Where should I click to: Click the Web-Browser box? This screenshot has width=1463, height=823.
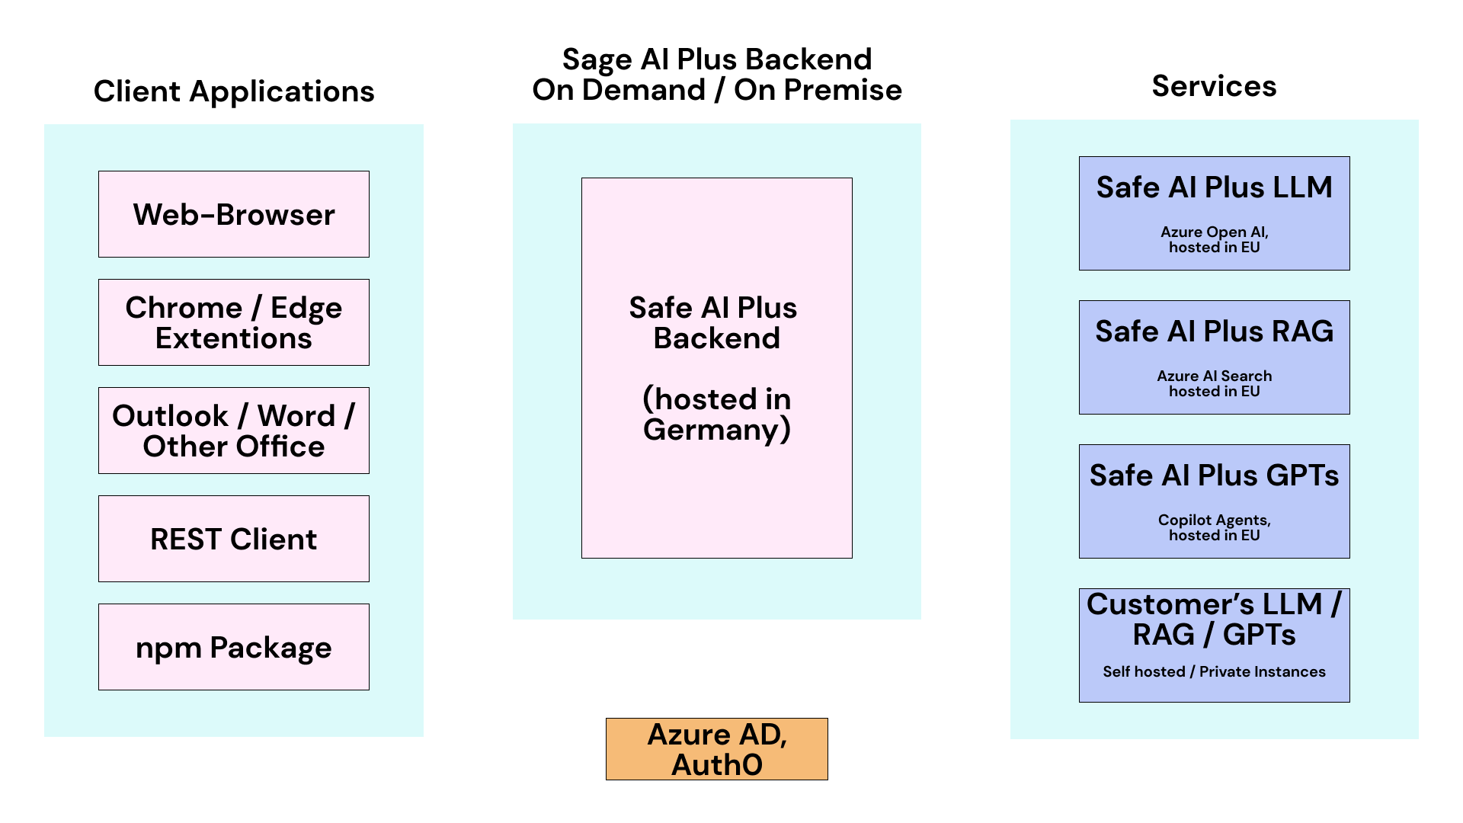[233, 214]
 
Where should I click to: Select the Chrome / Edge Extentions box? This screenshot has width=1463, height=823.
[233, 322]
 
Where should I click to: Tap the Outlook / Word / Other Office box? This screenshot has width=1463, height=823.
[233, 431]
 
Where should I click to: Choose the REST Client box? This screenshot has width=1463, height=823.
[233, 539]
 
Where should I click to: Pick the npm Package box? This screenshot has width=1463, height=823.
[233, 647]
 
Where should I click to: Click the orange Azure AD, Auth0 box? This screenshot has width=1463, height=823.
[716, 749]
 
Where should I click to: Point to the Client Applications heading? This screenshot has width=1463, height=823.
[233, 91]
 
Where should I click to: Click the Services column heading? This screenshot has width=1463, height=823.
[1214, 86]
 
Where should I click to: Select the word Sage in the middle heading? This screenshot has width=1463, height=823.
[597, 60]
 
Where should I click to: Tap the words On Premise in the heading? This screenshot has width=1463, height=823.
[818, 90]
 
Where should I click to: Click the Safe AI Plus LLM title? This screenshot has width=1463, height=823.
[1214, 187]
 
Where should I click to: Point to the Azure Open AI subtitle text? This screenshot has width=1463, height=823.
[1214, 232]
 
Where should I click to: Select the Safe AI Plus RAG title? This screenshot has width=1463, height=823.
[1214, 331]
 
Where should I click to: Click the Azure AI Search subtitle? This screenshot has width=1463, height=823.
[1214, 376]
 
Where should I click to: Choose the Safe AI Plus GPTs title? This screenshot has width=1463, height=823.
[1214, 476]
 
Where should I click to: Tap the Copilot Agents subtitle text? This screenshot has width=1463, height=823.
[1214, 520]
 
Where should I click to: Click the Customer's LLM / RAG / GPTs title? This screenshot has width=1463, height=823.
[1214, 619]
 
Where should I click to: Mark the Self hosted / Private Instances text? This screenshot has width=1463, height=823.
[1214, 671]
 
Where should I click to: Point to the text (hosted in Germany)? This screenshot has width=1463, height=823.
[716, 414]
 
